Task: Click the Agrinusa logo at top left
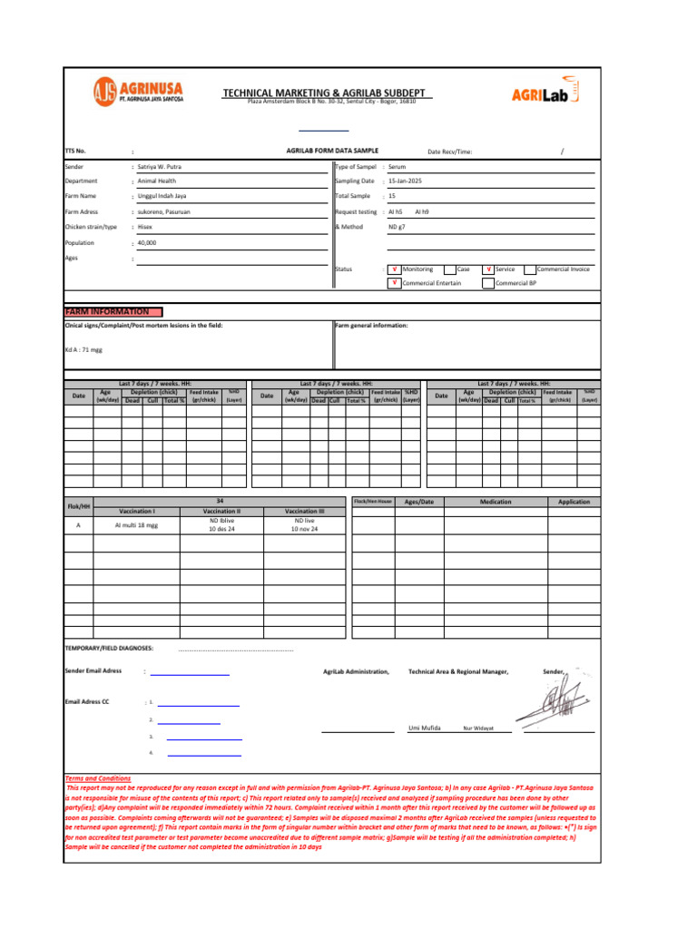(137, 92)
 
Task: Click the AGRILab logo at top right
(545, 92)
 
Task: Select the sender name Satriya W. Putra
(164, 168)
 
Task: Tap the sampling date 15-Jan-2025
(405, 181)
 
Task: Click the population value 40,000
(147, 243)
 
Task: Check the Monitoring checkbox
(394, 269)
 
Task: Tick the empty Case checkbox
(450, 269)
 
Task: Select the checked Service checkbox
(489, 269)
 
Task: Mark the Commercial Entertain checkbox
(394, 283)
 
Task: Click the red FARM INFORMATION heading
(107, 311)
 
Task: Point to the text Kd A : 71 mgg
(83, 348)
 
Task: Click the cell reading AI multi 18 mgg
(136, 525)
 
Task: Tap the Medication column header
(496, 502)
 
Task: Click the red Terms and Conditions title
(98, 778)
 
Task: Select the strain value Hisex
(145, 227)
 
